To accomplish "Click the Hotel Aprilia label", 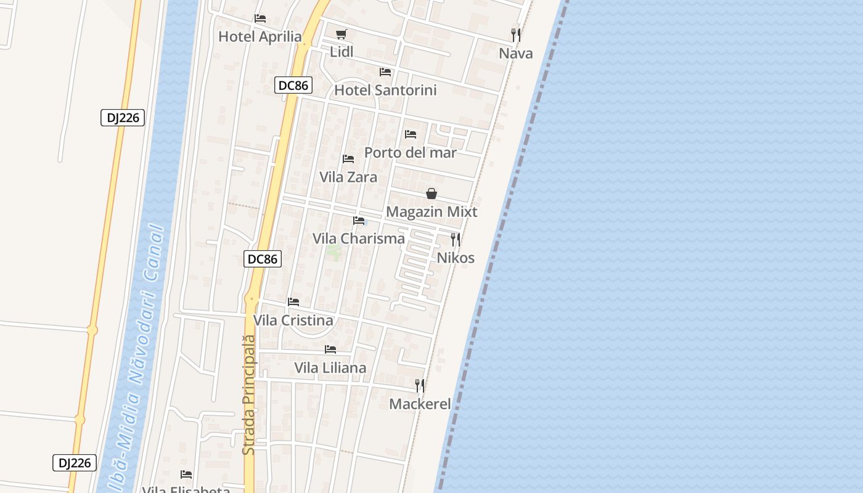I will point(260,37).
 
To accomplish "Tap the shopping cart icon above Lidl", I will point(342,34).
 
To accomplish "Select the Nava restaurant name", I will point(516,54).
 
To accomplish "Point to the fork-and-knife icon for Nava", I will point(516,35).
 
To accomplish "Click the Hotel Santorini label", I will point(385,91).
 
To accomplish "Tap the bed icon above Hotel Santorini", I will point(385,72).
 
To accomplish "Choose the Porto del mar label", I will point(411,153).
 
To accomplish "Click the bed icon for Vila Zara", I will point(348,159).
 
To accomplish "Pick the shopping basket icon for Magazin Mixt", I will point(431,194).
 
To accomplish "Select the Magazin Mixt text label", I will point(431,212).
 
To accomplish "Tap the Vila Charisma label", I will point(359,238).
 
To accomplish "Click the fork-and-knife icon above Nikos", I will point(456,239).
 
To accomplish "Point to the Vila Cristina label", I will point(293,320).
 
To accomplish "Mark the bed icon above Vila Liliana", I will point(330,349).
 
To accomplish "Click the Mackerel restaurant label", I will point(420,404).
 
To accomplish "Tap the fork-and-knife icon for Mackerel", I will point(420,386).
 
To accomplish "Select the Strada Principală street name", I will point(248,394).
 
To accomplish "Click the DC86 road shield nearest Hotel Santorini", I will point(293,86).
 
